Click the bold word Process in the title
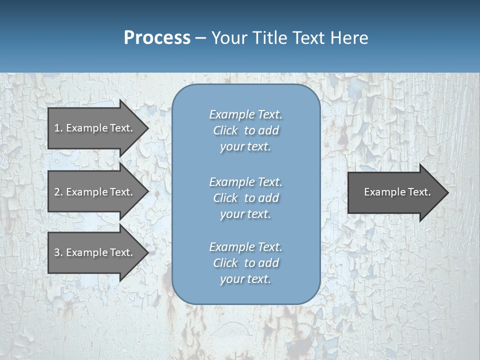(157, 38)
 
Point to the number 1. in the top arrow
(58, 128)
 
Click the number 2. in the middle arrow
(58, 192)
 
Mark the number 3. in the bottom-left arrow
(58, 252)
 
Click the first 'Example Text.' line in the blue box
(245, 114)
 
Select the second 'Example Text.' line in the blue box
(245, 181)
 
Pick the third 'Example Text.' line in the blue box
(245, 247)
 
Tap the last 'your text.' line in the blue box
(245, 279)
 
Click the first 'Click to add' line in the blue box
(245, 130)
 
